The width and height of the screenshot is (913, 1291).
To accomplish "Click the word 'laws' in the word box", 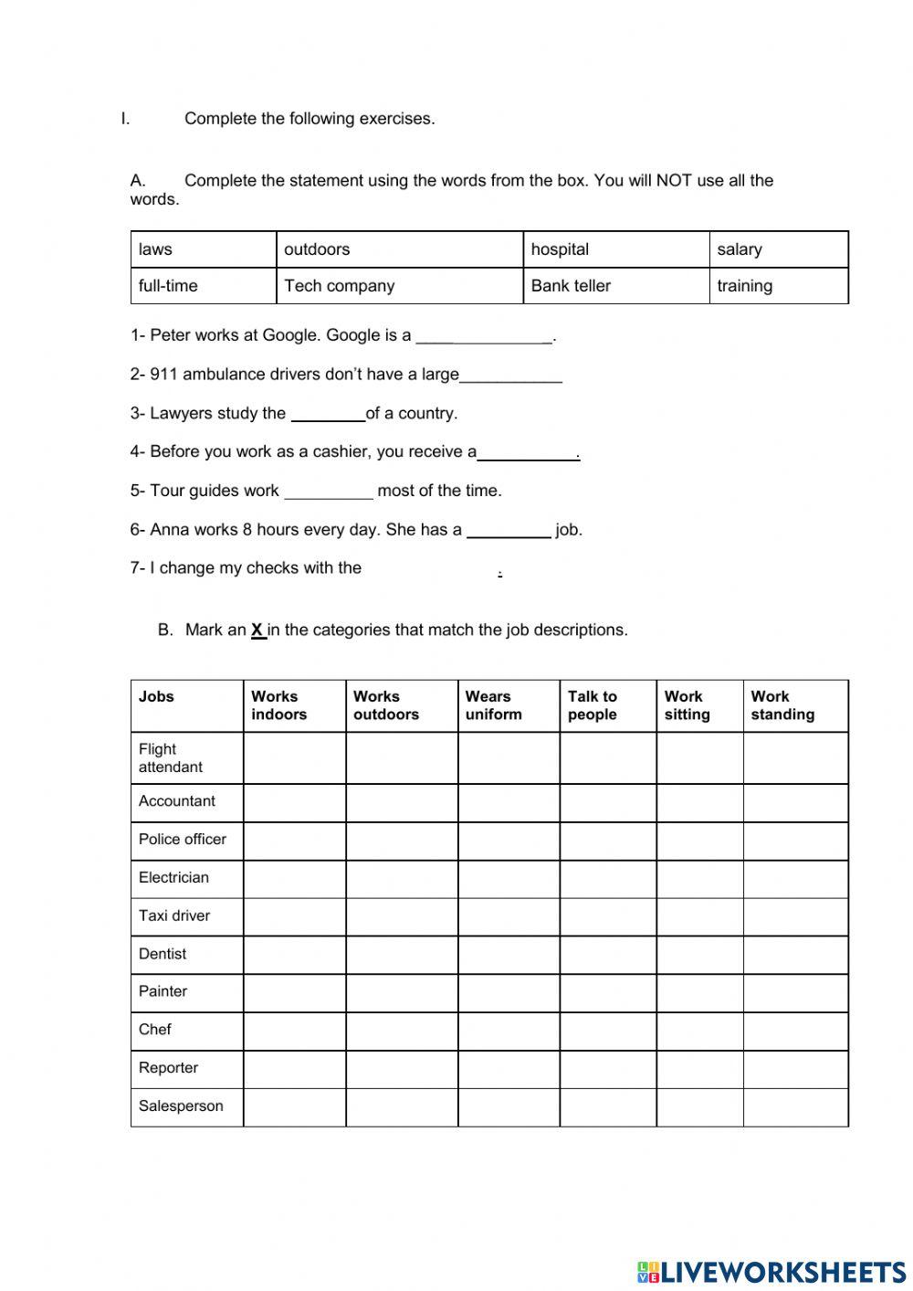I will pos(155,249).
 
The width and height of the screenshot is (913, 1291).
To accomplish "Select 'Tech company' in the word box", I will pos(339,286).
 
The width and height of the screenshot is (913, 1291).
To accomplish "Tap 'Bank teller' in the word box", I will pos(571,286).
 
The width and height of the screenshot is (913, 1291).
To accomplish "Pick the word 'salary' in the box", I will pos(739,249).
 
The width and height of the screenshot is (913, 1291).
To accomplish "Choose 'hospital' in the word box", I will pos(560,249).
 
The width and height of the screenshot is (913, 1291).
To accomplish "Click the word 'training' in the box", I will pos(744,286).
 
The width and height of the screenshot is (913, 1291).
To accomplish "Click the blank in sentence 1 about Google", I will pos(484,336).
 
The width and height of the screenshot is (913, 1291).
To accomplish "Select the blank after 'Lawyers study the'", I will pos(328,414).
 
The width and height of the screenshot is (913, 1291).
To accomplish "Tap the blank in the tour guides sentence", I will pos(329,492).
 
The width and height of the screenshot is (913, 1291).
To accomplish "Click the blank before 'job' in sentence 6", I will pos(509,531).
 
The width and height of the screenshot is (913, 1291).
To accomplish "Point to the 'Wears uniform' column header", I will pos(494,705).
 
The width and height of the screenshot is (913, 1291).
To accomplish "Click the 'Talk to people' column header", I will pos(593,705).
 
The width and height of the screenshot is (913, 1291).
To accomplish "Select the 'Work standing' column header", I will pos(782,705).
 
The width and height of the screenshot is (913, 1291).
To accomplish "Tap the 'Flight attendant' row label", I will pos(171,757).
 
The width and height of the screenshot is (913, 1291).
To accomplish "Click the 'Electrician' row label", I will pos(173,877).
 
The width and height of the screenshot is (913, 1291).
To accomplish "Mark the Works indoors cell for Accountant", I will pos(294,802).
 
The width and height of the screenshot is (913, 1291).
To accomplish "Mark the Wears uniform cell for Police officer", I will pos(509,841).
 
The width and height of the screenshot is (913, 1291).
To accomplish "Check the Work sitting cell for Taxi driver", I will pos(699,916).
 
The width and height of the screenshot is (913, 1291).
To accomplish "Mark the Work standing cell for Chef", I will pos(795,1031).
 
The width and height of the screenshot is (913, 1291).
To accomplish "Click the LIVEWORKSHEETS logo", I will pos(771,1272).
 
